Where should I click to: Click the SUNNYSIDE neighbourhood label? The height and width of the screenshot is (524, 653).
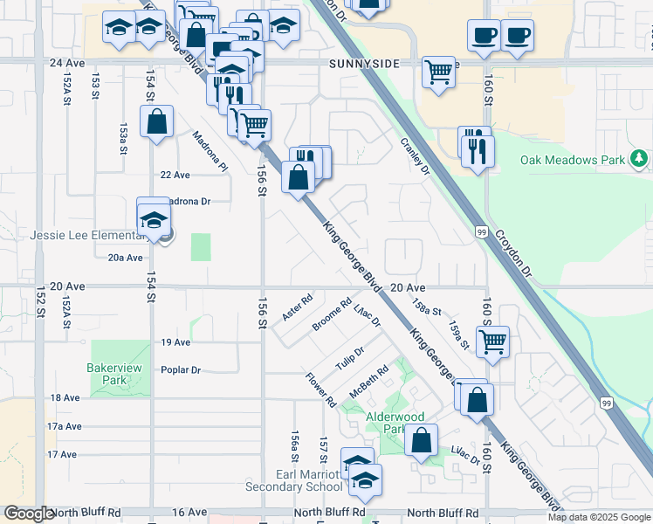[364, 64]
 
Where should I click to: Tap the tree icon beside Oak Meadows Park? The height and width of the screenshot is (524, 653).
[641, 159]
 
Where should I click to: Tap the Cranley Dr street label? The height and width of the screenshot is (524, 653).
[416, 155]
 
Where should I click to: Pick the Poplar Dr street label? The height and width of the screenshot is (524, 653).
[181, 370]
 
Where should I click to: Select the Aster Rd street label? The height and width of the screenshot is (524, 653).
[298, 307]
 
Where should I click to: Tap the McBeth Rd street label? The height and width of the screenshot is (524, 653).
[368, 381]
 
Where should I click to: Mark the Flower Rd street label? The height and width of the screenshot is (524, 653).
[321, 390]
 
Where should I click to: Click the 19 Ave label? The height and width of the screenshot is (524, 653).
[175, 342]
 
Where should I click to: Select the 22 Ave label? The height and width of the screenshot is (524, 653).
[175, 175]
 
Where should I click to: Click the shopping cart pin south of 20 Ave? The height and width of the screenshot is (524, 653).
[493, 341]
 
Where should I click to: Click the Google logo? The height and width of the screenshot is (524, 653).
[30, 514]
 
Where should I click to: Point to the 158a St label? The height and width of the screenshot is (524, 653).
[426, 310]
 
